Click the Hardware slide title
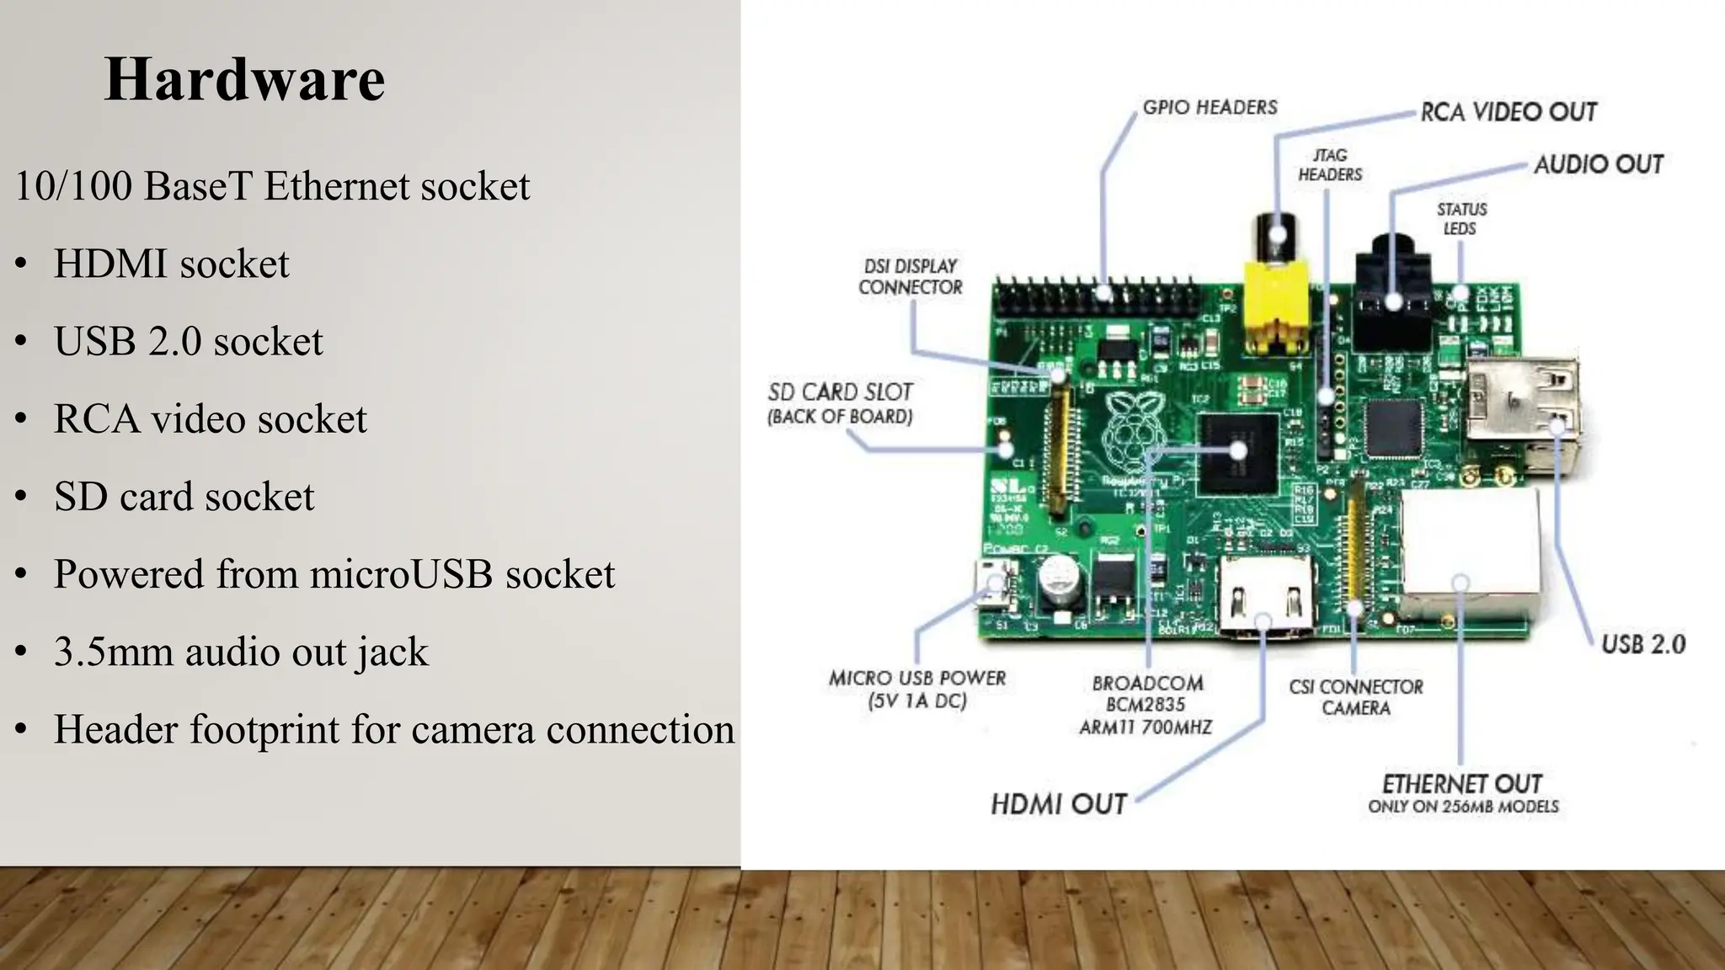tap(244, 80)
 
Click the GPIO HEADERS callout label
tap(1210, 108)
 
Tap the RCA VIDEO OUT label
tap(1508, 112)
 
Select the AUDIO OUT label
tap(1598, 164)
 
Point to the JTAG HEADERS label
tap(1330, 165)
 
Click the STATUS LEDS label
tap(1461, 219)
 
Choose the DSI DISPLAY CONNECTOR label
tap(911, 277)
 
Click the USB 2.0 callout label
tap(1642, 645)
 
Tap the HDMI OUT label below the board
tap(1058, 804)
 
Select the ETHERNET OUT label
tap(1462, 785)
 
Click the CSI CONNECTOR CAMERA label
tap(1355, 697)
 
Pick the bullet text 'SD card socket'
tap(184, 497)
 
